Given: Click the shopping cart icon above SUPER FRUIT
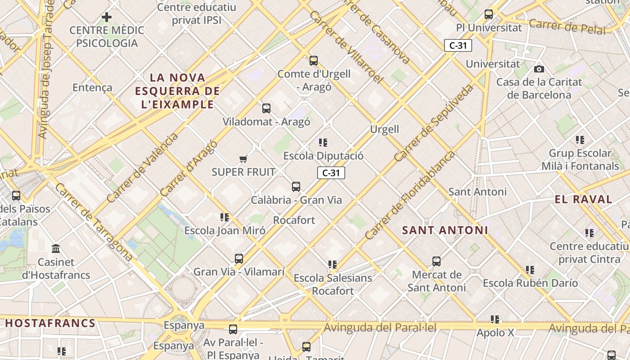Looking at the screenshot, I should (x=243, y=159).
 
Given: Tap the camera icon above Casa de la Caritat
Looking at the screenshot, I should (x=539, y=69).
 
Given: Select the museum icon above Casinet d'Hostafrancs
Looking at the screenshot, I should (x=56, y=248).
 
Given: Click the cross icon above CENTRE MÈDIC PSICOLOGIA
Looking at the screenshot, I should (x=107, y=18).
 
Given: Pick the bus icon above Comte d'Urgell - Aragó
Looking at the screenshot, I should (x=314, y=60).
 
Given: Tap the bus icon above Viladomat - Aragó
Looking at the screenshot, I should (x=266, y=108).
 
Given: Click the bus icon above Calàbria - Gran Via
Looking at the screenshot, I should (x=296, y=186).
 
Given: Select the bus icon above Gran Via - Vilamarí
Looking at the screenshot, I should (x=239, y=258).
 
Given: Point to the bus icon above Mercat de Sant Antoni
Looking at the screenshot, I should (x=436, y=261).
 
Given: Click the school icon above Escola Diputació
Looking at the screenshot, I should (x=323, y=143).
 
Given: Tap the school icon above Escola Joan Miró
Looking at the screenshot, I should (x=225, y=217).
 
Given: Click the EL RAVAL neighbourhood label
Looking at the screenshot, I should (x=584, y=199).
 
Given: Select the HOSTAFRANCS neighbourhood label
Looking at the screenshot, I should (x=50, y=323).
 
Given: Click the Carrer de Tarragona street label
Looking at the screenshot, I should (x=94, y=222).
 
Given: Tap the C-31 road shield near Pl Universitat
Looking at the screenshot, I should (x=458, y=45).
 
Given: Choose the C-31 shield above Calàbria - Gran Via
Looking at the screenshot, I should (x=331, y=173).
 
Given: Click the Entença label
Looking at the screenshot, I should (x=92, y=87).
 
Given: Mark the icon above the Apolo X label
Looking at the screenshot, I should (x=495, y=319).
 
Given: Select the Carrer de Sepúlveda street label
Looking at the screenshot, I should (x=434, y=123).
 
